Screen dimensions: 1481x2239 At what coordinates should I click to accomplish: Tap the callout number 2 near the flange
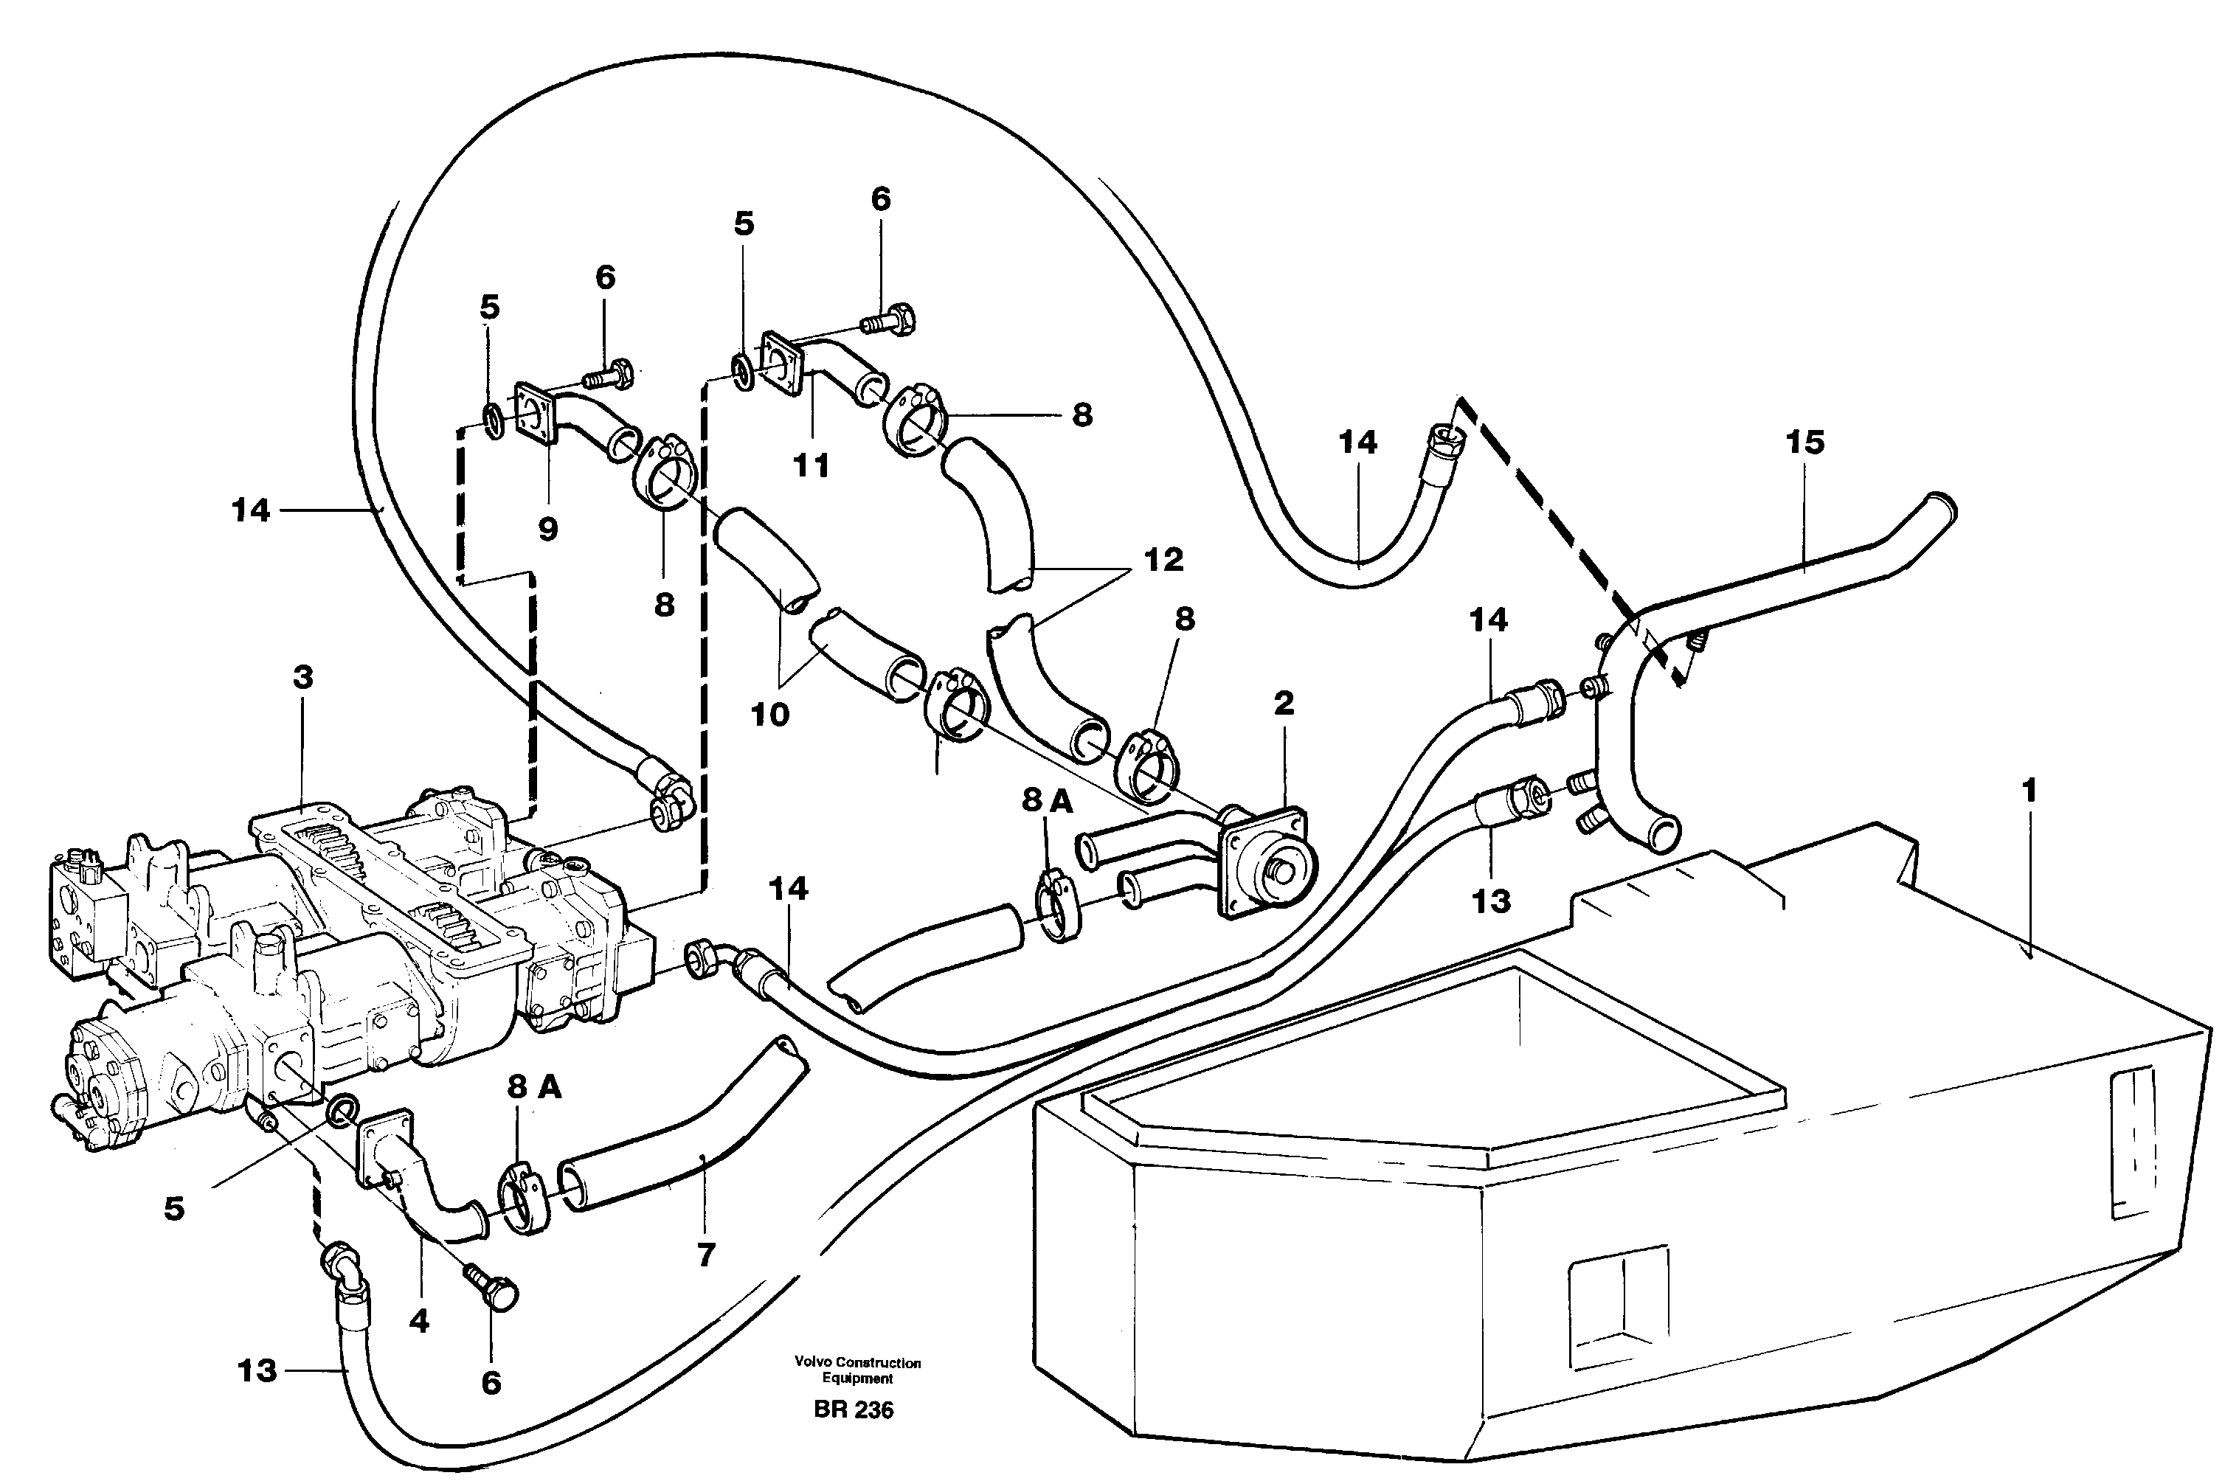tap(1283, 703)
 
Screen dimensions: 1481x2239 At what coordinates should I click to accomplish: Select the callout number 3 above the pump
tap(302, 677)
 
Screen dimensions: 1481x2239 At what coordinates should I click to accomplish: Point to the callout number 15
tap(1804, 442)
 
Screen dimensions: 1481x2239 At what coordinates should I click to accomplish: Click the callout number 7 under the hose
tap(706, 1255)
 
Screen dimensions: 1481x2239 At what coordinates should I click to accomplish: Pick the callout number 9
tap(548, 530)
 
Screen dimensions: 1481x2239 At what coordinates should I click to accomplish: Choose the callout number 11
tap(811, 465)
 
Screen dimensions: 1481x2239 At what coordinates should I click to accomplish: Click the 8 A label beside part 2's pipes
tap(1047, 801)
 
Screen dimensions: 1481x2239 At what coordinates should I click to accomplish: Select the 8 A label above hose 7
tap(534, 1087)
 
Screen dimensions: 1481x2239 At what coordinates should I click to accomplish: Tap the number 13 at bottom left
tap(256, 1370)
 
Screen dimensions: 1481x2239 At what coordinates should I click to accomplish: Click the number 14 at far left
tap(252, 511)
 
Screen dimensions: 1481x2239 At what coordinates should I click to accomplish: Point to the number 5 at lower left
tap(174, 1209)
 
